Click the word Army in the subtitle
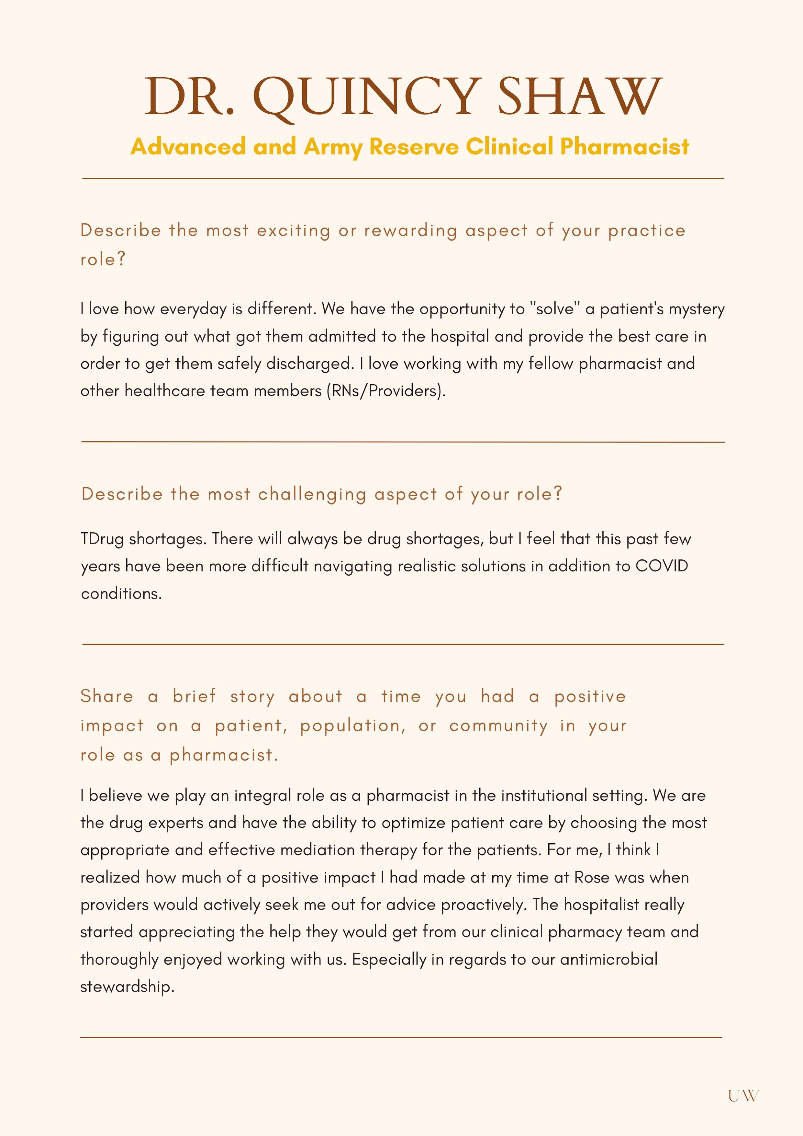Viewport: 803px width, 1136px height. tap(333, 147)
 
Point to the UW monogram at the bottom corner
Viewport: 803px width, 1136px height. tap(743, 1096)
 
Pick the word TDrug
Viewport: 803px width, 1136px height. tap(102, 539)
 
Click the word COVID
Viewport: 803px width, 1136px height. tap(662, 566)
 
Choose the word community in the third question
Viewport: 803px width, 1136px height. tap(498, 726)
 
